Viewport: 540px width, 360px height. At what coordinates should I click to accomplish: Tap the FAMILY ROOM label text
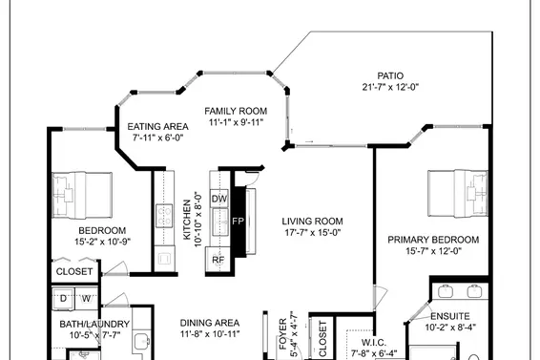[236, 111]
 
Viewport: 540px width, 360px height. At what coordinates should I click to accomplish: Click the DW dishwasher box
[218, 199]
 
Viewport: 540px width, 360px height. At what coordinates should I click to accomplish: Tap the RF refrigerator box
[218, 259]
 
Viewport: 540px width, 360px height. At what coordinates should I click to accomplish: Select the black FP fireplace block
[239, 221]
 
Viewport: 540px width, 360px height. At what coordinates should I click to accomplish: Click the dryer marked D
[64, 299]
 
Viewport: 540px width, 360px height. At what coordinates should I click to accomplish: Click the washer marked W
[85, 299]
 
